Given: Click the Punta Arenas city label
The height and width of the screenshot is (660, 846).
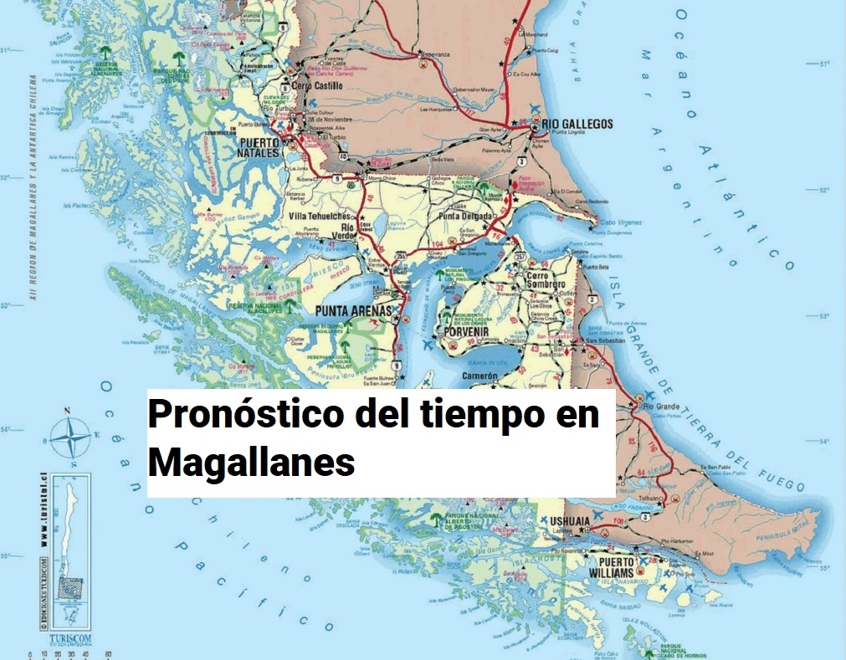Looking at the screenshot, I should pyautogui.click(x=353, y=312).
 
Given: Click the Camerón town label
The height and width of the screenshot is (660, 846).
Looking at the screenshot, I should pyautogui.click(x=479, y=377).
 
